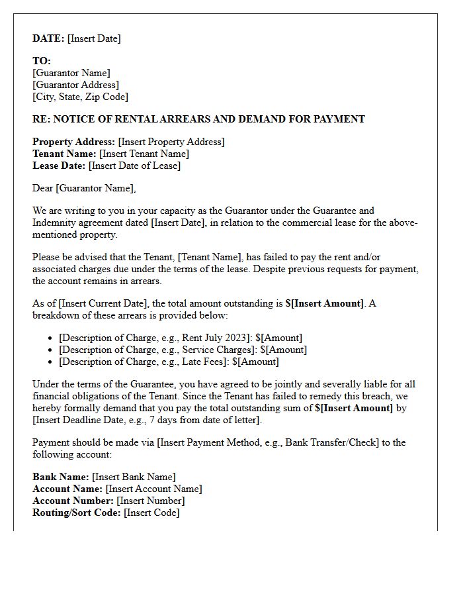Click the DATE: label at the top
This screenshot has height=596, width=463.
[48, 38]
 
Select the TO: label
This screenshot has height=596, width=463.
[42, 61]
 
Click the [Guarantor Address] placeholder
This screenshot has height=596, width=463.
[75, 85]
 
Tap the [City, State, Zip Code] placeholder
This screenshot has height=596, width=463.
[80, 97]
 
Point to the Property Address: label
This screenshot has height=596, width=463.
[73, 142]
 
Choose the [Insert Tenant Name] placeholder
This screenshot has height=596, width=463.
[144, 154]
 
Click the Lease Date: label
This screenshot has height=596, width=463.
[59, 166]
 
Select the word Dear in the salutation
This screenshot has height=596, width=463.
[43, 188]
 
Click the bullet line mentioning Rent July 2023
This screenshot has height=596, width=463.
[180, 338]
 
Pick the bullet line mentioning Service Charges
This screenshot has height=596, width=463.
[183, 350]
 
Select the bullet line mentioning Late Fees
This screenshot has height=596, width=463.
[169, 362]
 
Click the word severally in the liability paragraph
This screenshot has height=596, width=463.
[295, 384]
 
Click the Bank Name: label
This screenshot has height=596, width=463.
[61, 477]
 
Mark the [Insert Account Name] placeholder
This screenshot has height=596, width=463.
[153, 489]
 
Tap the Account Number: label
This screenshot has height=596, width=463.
[73, 501]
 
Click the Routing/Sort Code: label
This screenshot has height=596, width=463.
[77, 513]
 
